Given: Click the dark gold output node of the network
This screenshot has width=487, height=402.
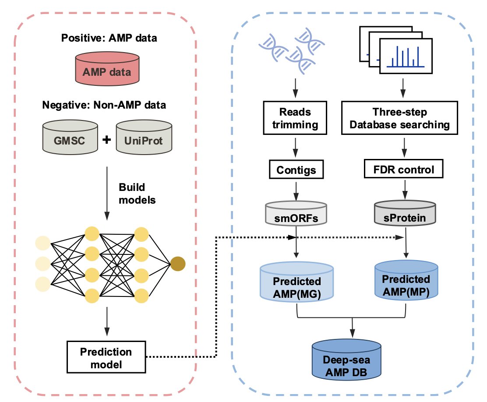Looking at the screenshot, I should click(x=178, y=264).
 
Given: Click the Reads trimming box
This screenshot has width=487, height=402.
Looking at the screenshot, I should click(x=295, y=118).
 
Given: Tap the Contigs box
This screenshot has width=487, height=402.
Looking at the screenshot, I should click(x=295, y=169).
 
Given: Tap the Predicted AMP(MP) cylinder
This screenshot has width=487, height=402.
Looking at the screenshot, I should click(x=406, y=282).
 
